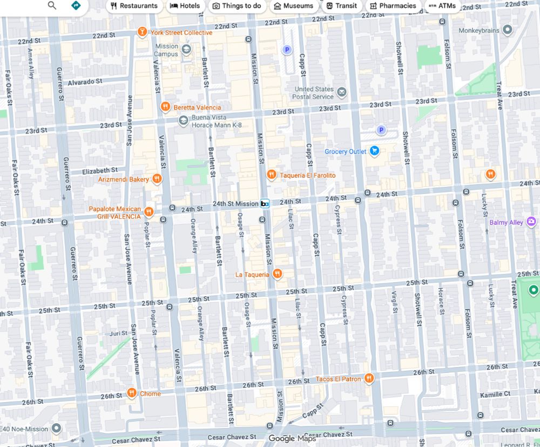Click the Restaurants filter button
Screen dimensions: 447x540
(134, 6)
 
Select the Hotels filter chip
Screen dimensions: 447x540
(185, 6)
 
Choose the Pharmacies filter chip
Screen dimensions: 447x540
(393, 6)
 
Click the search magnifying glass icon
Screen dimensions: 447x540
(52, 5)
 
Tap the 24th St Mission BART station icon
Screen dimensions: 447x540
(265, 204)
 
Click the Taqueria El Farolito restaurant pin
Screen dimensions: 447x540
(271, 175)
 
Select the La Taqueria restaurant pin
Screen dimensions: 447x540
(277, 273)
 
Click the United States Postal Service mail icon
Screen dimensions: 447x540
(341, 92)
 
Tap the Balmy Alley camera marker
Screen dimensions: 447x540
(532, 222)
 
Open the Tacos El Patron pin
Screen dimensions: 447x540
(369, 378)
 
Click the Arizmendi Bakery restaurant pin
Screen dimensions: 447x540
(157, 178)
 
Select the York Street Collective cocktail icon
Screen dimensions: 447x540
(142, 32)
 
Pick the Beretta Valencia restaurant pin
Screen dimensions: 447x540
(166, 107)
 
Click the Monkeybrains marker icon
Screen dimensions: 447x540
(507, 30)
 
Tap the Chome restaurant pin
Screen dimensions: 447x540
(131, 393)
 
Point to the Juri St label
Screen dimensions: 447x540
(118, 333)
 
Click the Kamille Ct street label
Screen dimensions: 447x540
(495, 394)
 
